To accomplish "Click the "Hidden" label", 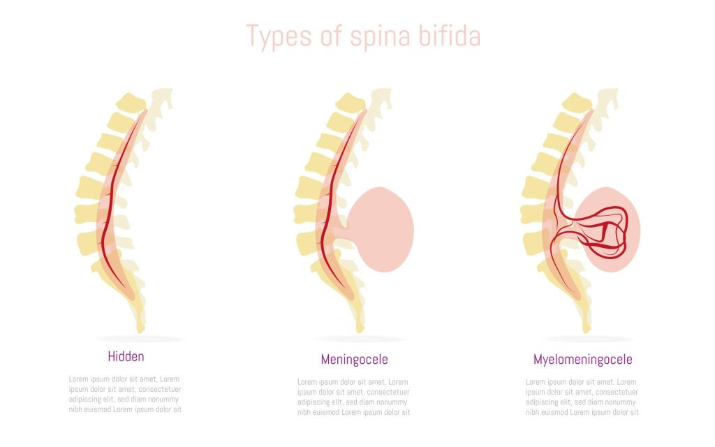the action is [126, 356].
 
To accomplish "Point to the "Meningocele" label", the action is [354, 360].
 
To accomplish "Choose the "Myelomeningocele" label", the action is [583, 360].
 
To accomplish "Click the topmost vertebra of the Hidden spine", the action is [131, 102].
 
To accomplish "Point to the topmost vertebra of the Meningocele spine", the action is [351, 102].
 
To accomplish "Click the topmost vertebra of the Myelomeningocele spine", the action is [577, 102].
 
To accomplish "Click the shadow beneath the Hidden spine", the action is [140, 339].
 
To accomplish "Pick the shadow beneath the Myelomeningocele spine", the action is [587, 339].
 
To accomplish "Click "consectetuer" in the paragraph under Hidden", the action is [160, 389].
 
